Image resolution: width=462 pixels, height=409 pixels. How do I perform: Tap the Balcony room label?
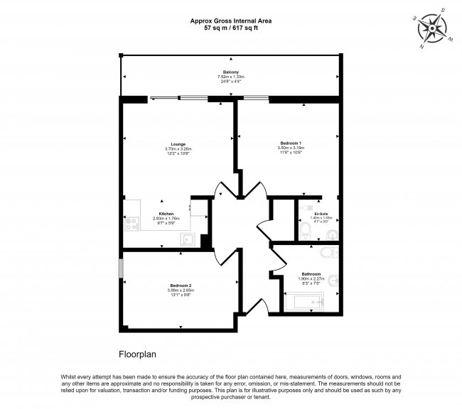pos(229,71)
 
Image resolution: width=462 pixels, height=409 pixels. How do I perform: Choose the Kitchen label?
pos(166,214)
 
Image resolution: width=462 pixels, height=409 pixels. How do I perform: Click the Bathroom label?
pos(311,274)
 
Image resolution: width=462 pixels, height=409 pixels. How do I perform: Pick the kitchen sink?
pos(188,239)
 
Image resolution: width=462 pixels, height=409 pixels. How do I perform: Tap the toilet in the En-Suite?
pos(303,231)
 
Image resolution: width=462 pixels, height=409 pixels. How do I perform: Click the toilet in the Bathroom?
pos(328,253)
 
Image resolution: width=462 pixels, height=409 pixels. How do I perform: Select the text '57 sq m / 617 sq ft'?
pos(230,29)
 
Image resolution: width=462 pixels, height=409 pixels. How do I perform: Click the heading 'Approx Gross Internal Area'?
pos(230,22)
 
